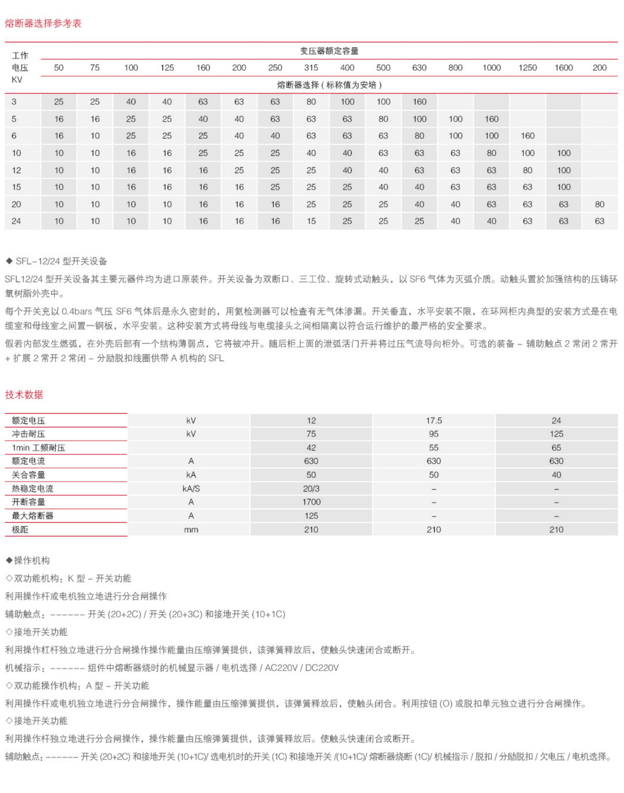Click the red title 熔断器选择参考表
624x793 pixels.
(43, 23)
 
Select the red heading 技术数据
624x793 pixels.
(24, 395)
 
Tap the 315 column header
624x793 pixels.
(311, 68)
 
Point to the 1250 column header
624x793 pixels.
(528, 68)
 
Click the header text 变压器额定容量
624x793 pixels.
(329, 51)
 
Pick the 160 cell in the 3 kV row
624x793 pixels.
(419, 102)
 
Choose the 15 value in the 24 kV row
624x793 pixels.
(311, 221)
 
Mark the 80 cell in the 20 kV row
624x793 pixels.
(599, 204)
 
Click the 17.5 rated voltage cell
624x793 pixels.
(434, 421)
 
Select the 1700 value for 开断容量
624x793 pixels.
(311, 502)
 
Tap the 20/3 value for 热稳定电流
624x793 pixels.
(311, 488)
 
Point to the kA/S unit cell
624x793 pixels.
(191, 488)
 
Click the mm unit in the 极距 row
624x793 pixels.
(191, 530)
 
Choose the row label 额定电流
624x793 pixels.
(29, 461)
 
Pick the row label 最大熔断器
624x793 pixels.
(32, 516)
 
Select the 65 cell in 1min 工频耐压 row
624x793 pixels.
(556, 448)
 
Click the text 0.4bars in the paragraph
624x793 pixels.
(77, 311)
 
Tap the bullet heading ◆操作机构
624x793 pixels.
(28, 561)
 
